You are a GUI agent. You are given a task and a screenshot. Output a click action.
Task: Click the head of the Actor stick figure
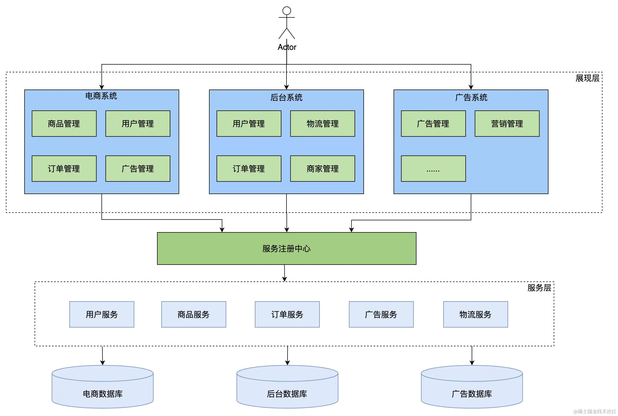coord(286,11)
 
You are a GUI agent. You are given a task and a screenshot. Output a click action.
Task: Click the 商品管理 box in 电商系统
coord(64,124)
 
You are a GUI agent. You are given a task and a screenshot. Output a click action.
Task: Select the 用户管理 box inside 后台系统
coord(249,124)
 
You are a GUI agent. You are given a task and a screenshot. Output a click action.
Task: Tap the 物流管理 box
coord(322,124)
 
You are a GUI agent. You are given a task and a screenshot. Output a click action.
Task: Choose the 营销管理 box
coord(507,124)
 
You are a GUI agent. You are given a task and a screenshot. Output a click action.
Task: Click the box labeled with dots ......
coord(433,169)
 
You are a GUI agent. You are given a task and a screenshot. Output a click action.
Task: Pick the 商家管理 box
coord(322,169)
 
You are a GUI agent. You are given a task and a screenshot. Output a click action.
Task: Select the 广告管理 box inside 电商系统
coord(138,169)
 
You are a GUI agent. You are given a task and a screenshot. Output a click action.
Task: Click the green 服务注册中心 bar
coord(286,248)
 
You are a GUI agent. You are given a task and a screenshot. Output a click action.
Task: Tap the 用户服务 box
coord(102,314)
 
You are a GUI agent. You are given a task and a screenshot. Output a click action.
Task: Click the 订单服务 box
coord(287,314)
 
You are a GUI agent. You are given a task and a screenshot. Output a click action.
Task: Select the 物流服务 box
coord(475,314)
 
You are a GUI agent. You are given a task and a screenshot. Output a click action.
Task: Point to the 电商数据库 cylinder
coord(103,390)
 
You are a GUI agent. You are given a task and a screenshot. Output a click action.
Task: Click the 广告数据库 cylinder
coord(472,390)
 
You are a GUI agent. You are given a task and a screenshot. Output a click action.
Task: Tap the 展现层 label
coord(587,78)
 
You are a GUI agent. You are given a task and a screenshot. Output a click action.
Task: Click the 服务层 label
coord(539,288)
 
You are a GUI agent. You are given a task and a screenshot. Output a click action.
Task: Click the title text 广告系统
coord(471,97)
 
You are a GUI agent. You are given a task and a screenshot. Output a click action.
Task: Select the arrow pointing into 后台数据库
coord(288,355)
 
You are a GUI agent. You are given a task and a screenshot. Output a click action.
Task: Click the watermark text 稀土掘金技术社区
coord(597,411)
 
